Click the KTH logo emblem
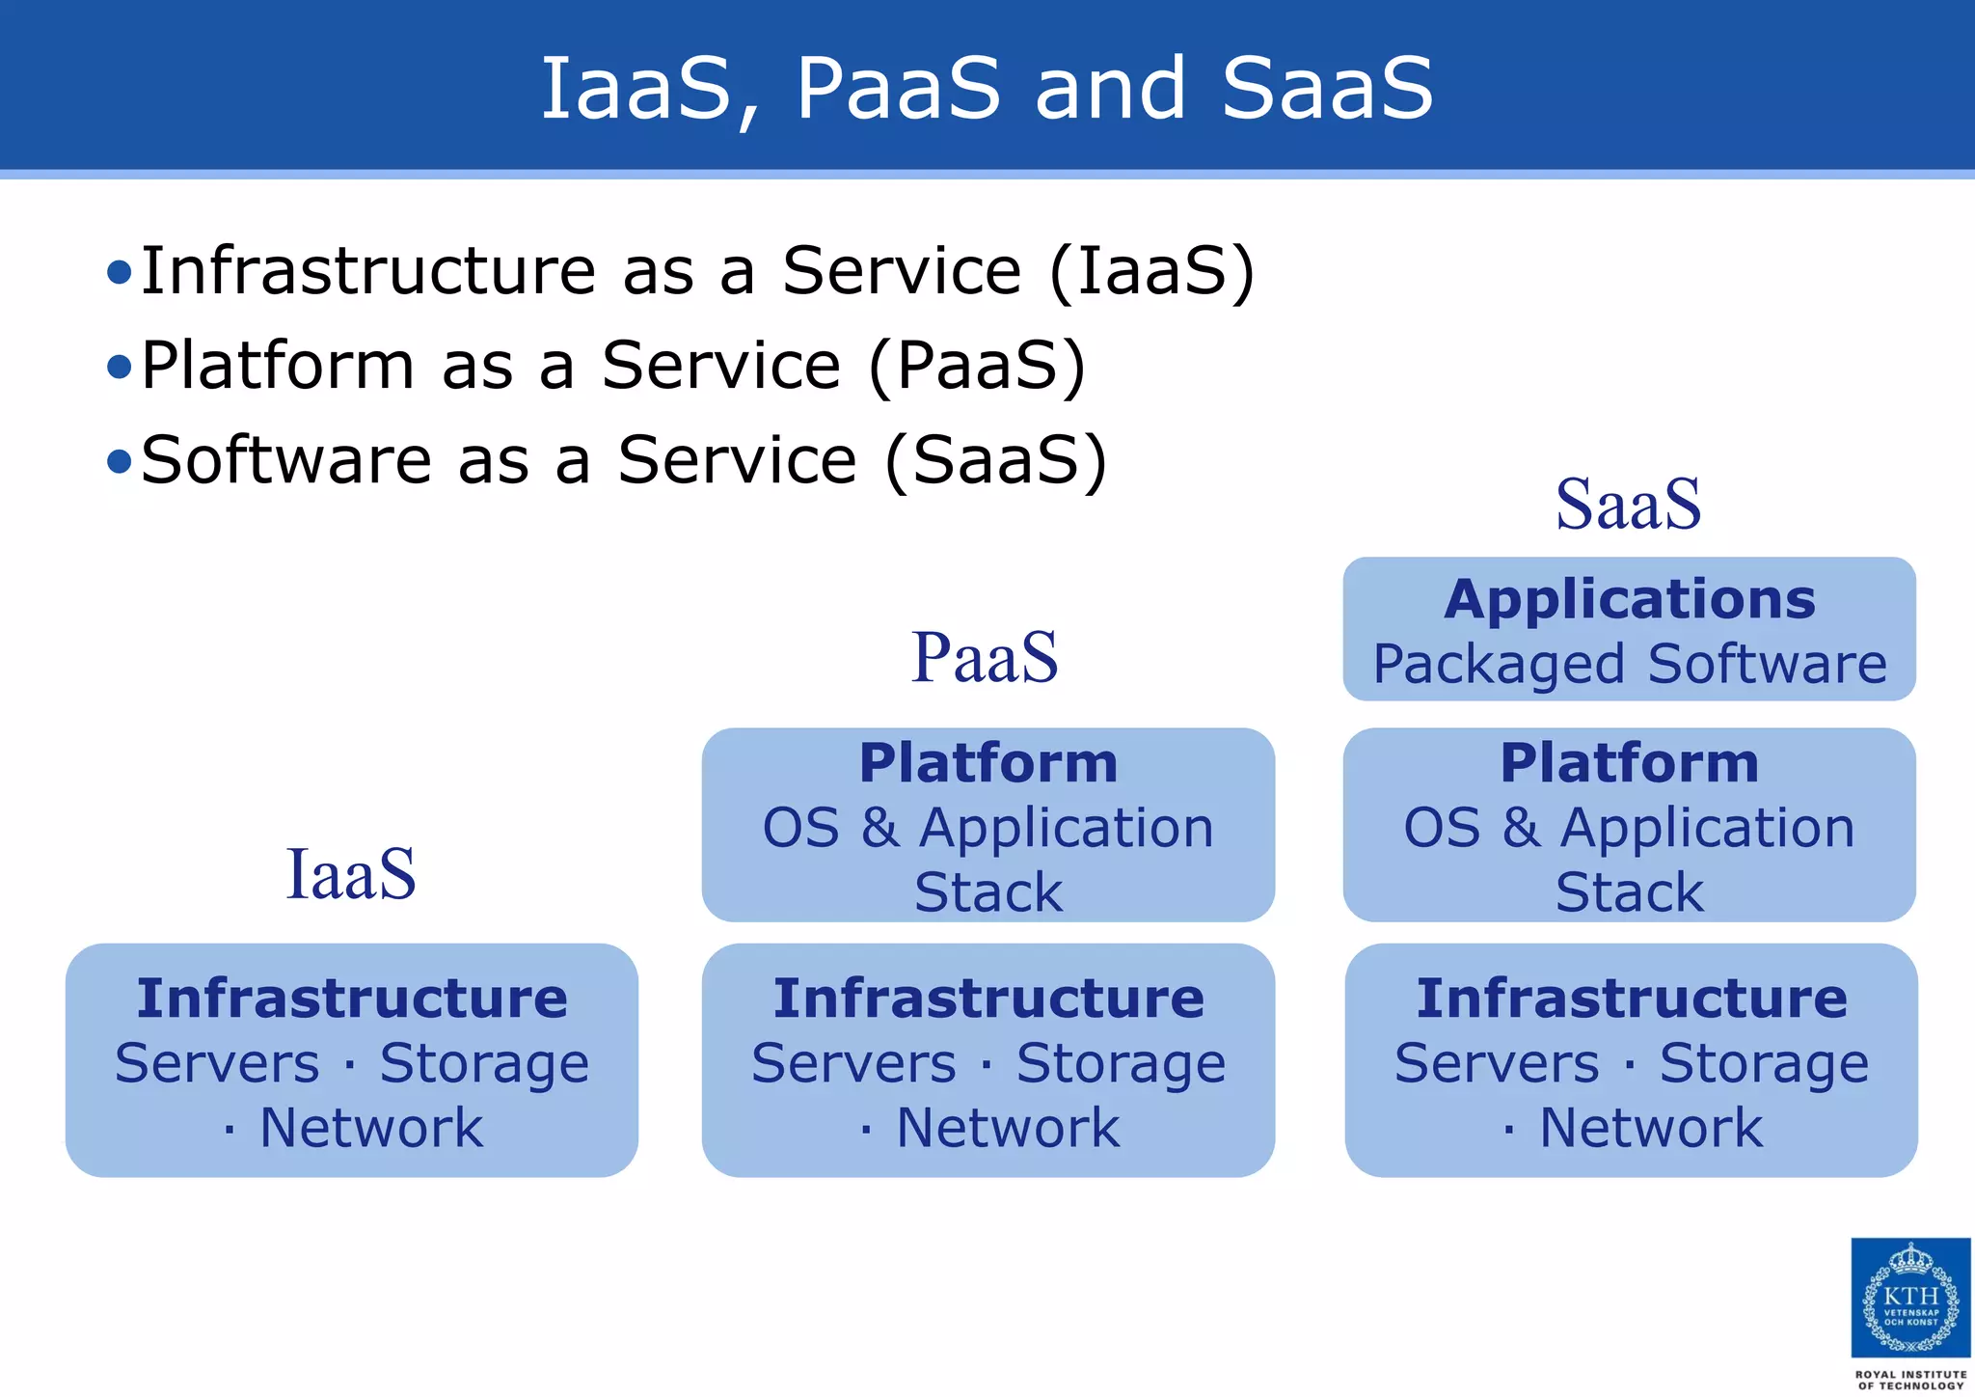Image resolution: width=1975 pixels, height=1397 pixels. tap(1910, 1298)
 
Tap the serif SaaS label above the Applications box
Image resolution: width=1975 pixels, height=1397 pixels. tap(1629, 504)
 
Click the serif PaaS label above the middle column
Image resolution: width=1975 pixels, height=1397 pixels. tap(985, 657)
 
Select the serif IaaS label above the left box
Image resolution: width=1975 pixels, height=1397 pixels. tap(351, 874)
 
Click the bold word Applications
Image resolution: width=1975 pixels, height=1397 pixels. tap(1630, 599)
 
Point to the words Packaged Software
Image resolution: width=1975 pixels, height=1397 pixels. tap(1630, 664)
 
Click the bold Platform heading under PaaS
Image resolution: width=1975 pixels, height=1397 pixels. tap(988, 763)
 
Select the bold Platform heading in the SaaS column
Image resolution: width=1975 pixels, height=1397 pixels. tap(1630, 763)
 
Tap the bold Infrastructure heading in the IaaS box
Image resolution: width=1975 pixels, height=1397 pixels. tap(352, 998)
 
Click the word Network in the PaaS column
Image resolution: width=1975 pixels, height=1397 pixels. tap(1008, 1128)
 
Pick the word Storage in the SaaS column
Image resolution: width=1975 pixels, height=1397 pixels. tap(1764, 1063)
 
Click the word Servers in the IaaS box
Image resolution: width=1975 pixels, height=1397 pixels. tap(217, 1063)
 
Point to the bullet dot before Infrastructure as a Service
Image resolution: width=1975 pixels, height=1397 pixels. tap(119, 272)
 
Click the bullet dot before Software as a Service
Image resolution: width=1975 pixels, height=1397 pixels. tap(119, 461)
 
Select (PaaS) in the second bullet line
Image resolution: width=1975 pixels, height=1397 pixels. tap(977, 366)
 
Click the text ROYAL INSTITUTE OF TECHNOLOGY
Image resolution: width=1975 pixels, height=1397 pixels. tap(1910, 1380)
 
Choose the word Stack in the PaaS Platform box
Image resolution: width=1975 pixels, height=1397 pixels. tap(988, 891)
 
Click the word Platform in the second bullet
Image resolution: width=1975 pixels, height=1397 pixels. tap(278, 366)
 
